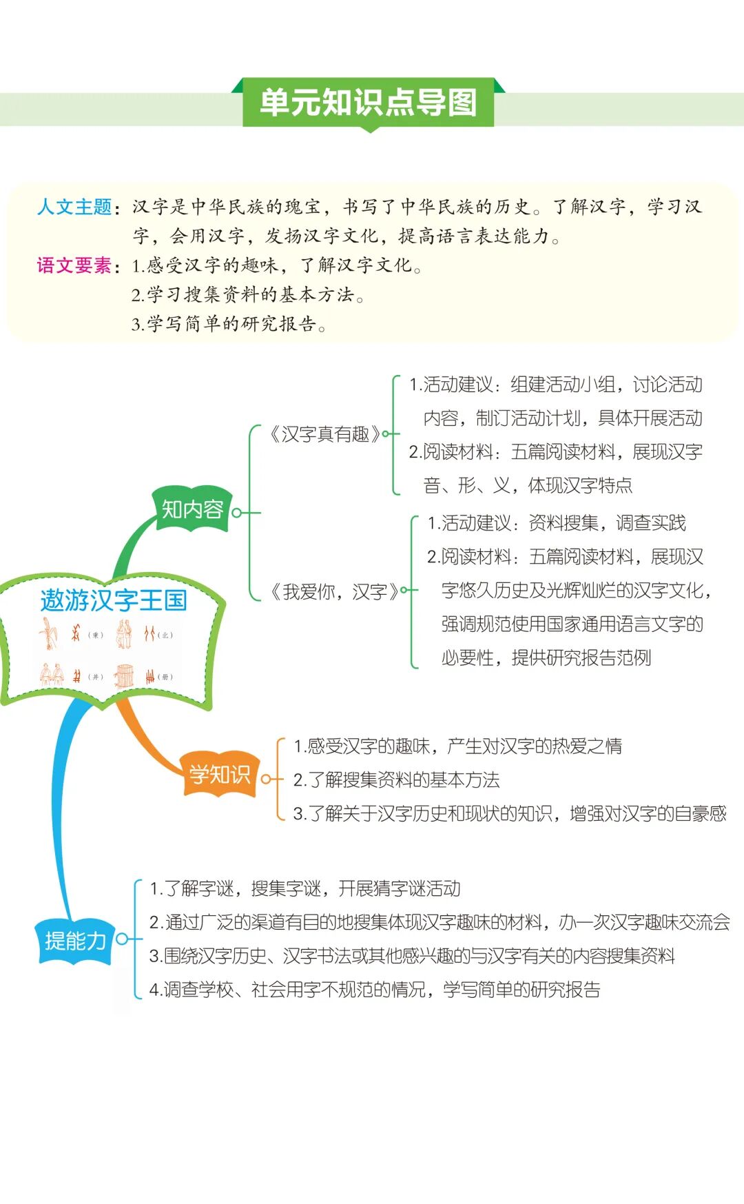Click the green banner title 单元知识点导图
coord(368,103)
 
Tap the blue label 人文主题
coord(74,207)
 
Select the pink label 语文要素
coord(74,265)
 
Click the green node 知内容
coord(192,509)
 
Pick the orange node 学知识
coord(220,775)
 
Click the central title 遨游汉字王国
coord(114,600)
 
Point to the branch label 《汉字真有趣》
coord(324,434)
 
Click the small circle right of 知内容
coord(237,513)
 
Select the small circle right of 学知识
coord(266,779)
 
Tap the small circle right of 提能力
coord(122,939)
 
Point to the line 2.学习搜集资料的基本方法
coord(248,295)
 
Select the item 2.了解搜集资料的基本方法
coord(396,780)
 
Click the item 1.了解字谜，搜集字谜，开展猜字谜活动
coord(305,889)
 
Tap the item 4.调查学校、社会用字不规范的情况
coord(375,990)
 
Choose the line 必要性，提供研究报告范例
coord(546,658)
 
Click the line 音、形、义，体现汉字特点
coord(528,486)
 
